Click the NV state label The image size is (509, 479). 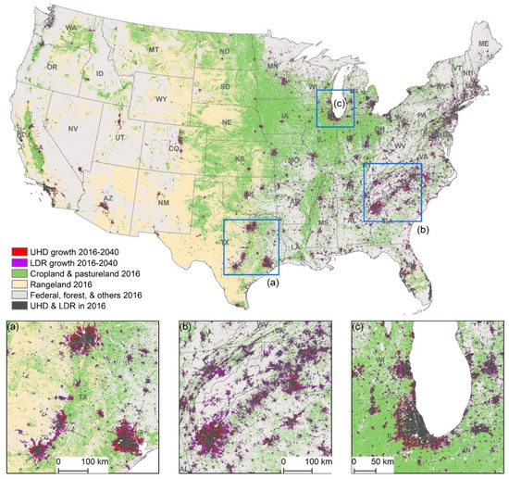[73, 129]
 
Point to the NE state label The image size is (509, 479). [224, 121]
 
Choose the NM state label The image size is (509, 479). [164, 202]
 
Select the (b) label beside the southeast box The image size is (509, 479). [422, 228]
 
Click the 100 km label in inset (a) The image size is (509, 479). [93, 460]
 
